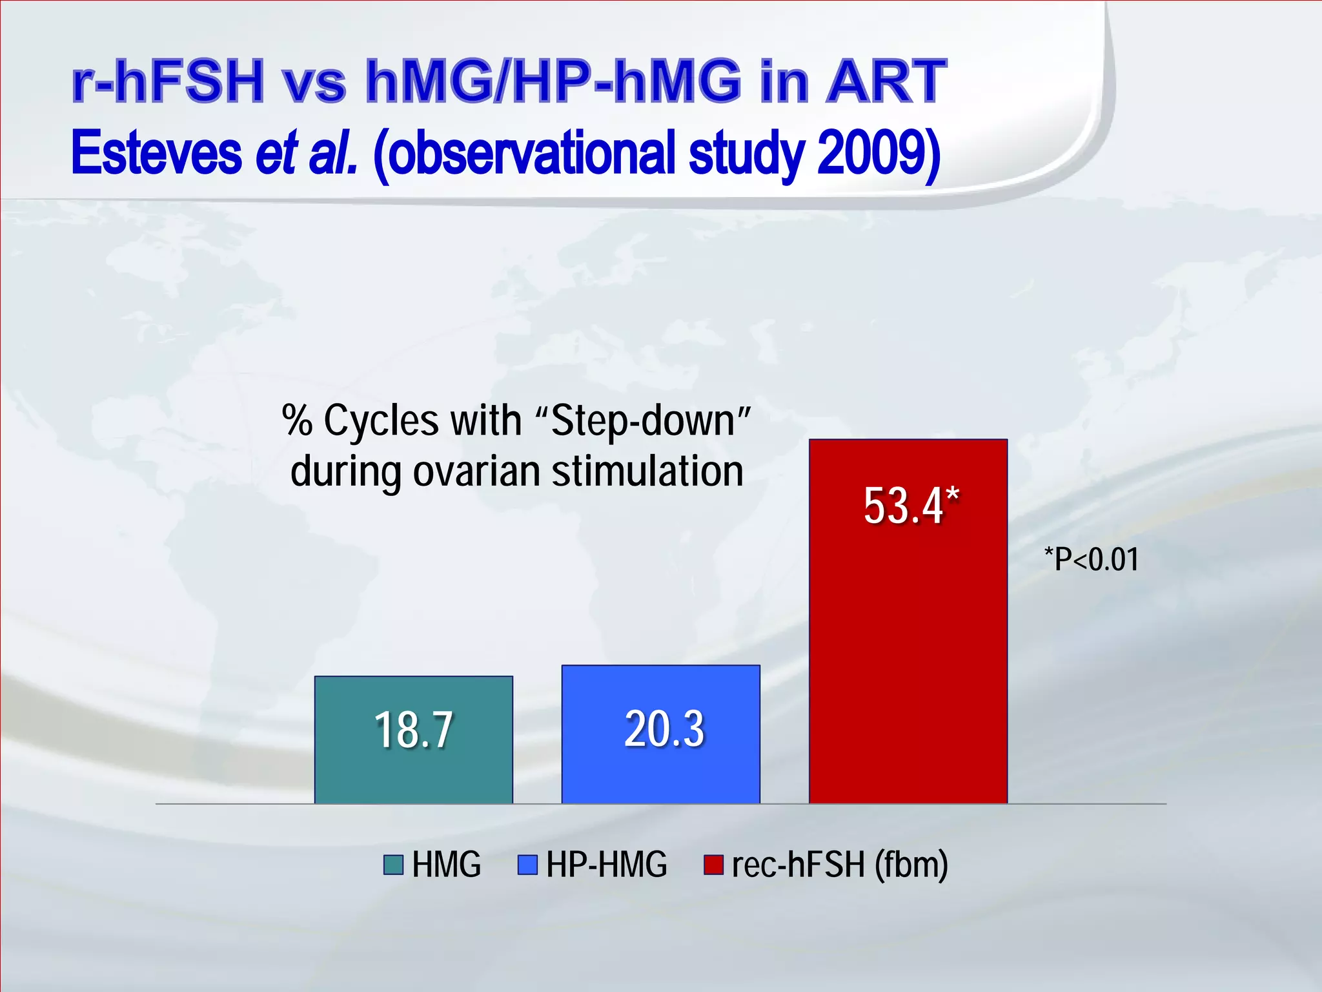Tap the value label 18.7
pos(413,730)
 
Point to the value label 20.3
pos(664,728)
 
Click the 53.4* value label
pos(911,505)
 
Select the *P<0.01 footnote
pos(1091,559)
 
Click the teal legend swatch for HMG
pos(393,865)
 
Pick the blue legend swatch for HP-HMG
pos(527,865)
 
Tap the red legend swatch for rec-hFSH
pos(713,865)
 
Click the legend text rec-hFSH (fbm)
pos(840,865)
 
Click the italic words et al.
pos(306,154)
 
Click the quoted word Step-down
pos(643,421)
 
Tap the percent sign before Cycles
pos(297,421)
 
